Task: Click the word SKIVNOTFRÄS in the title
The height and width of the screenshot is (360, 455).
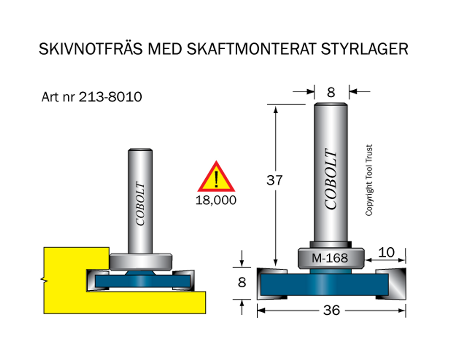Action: (91, 48)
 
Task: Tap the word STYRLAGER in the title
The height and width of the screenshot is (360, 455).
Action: (364, 49)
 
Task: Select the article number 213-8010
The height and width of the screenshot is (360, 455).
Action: (110, 97)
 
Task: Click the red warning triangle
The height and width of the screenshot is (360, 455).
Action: (216, 177)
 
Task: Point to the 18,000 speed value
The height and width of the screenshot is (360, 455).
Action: (216, 200)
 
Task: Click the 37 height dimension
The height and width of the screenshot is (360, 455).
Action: (274, 180)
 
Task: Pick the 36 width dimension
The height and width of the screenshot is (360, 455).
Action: (331, 310)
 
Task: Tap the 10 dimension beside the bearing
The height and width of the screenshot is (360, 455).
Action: (386, 253)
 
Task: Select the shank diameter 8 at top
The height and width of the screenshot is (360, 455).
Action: (331, 92)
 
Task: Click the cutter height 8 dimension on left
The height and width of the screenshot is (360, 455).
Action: (242, 282)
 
